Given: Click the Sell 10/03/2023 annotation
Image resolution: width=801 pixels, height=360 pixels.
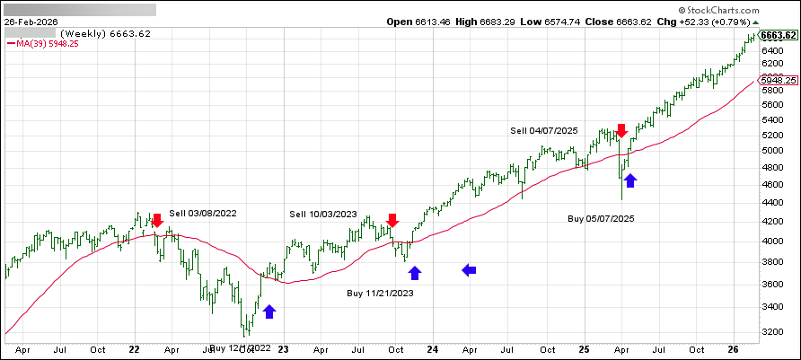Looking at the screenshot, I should tap(323, 214).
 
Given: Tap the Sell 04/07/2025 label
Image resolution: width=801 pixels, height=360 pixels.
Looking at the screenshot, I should tap(544, 130).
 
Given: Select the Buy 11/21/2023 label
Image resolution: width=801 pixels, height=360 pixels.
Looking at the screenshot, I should tap(381, 293).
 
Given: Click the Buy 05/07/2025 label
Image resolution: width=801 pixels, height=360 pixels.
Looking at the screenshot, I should tap(601, 218).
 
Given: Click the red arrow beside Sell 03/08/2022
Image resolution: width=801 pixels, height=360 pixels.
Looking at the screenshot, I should tap(157, 219).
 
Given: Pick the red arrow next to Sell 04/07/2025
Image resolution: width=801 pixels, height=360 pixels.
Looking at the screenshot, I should tap(620, 131).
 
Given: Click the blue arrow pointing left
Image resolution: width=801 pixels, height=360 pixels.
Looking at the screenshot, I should tap(470, 269).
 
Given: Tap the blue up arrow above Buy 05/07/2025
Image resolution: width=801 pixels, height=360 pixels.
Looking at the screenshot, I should tap(630, 180).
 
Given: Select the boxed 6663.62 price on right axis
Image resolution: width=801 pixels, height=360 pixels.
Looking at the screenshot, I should tap(779, 36).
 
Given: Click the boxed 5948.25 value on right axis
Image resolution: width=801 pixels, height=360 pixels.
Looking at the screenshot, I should tap(779, 80).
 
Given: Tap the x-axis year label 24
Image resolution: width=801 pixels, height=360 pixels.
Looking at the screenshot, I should tap(432, 351).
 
